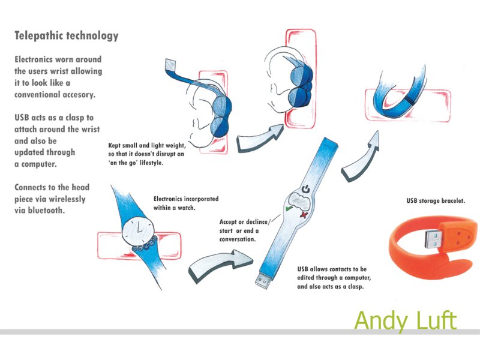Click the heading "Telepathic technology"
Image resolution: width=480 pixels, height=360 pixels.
[67, 35]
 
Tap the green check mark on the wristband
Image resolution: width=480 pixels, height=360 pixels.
[289, 208]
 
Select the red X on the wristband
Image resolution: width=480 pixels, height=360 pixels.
[304, 215]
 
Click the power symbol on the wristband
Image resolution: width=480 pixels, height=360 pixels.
[305, 190]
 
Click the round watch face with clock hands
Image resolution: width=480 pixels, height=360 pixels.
[138, 230]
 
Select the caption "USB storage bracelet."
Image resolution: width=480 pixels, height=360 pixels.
[436, 201]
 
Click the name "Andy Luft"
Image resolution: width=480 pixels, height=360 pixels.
[406, 320]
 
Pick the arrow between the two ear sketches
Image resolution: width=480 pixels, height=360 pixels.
[260, 138]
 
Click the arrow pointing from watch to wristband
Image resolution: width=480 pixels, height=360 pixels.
[221, 265]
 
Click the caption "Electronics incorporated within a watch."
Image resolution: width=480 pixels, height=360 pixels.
[186, 203]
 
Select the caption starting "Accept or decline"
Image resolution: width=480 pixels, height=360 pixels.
[244, 230]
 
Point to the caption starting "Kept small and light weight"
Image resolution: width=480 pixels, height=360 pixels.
[147, 154]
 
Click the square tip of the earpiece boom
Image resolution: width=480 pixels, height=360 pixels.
[172, 65]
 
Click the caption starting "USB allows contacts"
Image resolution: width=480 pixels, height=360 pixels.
[334, 278]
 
